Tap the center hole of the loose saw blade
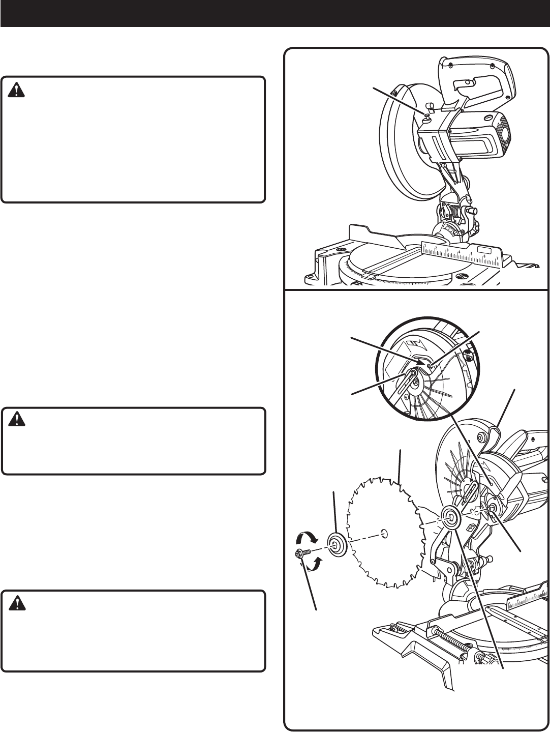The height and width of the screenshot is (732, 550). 384,533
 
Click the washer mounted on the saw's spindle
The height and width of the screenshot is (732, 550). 450,516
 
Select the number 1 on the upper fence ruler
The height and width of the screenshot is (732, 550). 424,246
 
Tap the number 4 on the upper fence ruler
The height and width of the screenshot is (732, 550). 460,252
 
